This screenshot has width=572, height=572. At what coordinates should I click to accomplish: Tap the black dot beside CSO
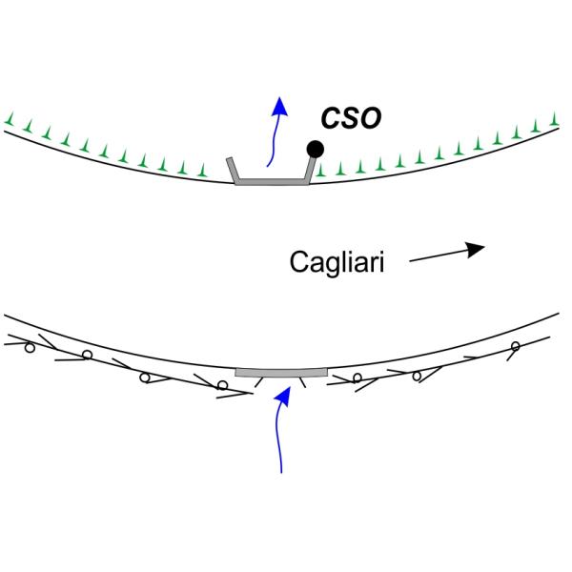click(314, 149)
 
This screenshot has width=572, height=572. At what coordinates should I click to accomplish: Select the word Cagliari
click(337, 261)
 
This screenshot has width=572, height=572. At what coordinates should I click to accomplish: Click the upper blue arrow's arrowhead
click(278, 105)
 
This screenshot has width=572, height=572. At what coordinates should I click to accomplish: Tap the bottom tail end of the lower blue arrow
click(282, 470)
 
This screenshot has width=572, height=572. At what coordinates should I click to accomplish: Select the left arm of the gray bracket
click(232, 169)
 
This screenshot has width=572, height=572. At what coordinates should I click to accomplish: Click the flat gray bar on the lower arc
click(281, 372)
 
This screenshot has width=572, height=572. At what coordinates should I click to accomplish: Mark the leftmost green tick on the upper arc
click(9, 119)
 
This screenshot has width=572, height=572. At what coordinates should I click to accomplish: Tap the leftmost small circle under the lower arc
click(29, 347)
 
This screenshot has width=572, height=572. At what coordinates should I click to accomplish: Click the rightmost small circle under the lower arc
click(516, 345)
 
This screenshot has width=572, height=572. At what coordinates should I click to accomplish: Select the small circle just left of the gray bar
click(222, 385)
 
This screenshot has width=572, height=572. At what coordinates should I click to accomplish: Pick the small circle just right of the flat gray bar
click(357, 378)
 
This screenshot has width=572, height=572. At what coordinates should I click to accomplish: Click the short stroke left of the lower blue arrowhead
click(257, 383)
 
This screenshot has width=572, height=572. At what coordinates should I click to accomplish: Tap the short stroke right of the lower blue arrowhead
click(304, 384)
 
